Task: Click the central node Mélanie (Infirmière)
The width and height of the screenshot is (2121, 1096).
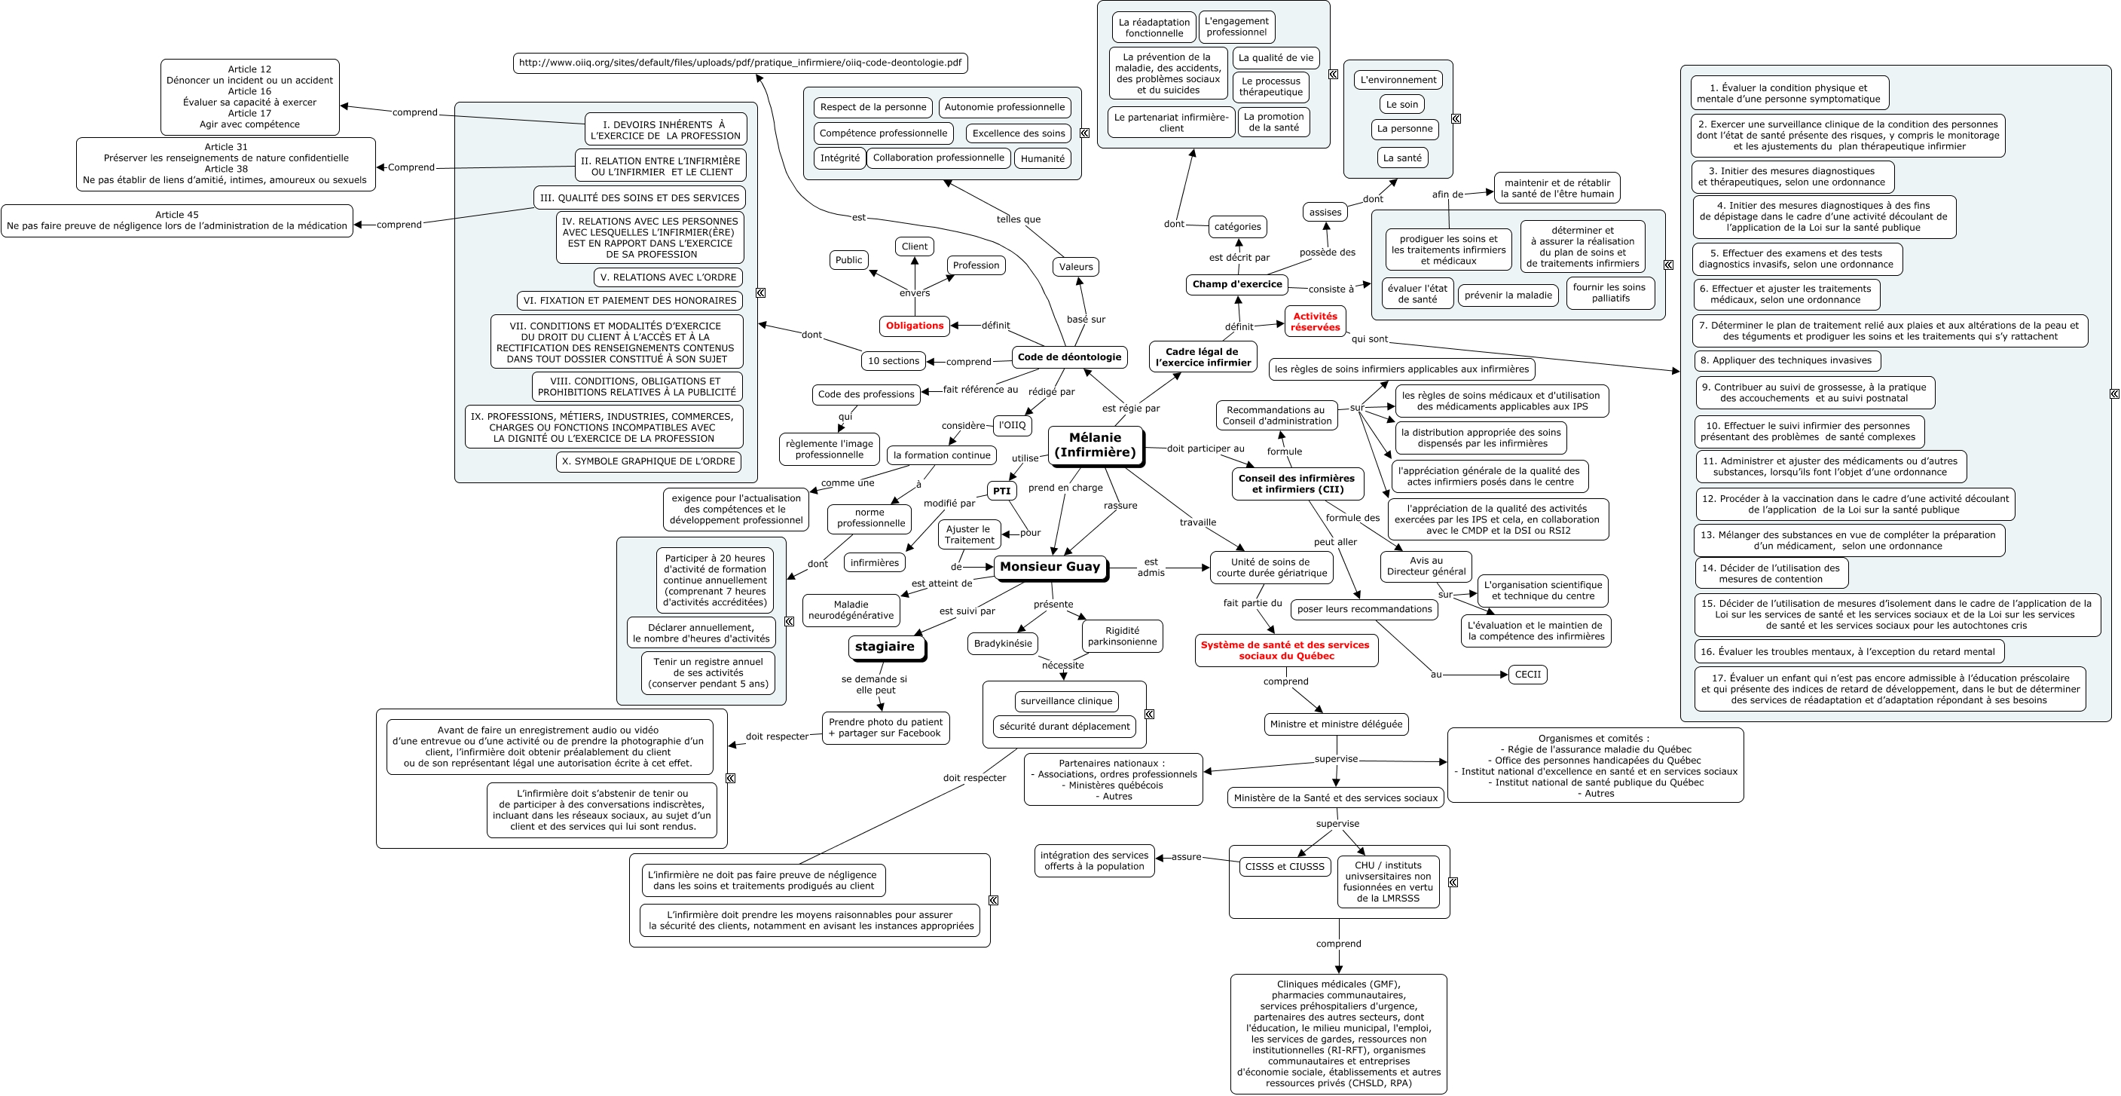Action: click(1095, 445)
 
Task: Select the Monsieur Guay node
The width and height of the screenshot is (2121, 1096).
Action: click(1050, 567)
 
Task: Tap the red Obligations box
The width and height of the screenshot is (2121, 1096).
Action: click(914, 326)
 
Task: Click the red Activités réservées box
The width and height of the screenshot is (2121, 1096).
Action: click(1315, 321)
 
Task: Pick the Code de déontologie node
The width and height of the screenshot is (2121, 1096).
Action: click(1068, 357)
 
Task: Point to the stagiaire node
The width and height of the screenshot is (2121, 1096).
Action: click(885, 647)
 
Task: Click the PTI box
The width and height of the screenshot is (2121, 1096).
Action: click(1001, 491)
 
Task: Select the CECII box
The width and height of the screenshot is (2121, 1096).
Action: click(1527, 675)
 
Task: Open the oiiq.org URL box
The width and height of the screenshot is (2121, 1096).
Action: click(739, 63)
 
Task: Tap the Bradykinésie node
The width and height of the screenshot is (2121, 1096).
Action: click(1002, 643)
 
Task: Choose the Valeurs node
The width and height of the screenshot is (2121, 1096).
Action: click(1075, 266)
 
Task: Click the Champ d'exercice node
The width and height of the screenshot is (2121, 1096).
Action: click(1236, 284)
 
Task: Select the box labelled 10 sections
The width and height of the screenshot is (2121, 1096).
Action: click(894, 360)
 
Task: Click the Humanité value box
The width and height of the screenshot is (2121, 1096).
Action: click(1042, 158)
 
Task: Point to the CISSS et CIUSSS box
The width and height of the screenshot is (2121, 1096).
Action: click(1285, 866)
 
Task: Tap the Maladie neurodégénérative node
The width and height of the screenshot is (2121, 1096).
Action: click(851, 610)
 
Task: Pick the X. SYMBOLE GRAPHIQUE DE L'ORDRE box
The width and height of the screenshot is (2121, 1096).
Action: click(648, 461)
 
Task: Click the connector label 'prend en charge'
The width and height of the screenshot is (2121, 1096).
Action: click(1065, 488)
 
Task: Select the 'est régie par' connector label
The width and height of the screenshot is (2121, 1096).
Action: click(1130, 408)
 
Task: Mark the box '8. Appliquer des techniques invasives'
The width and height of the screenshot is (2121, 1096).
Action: click(1785, 360)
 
